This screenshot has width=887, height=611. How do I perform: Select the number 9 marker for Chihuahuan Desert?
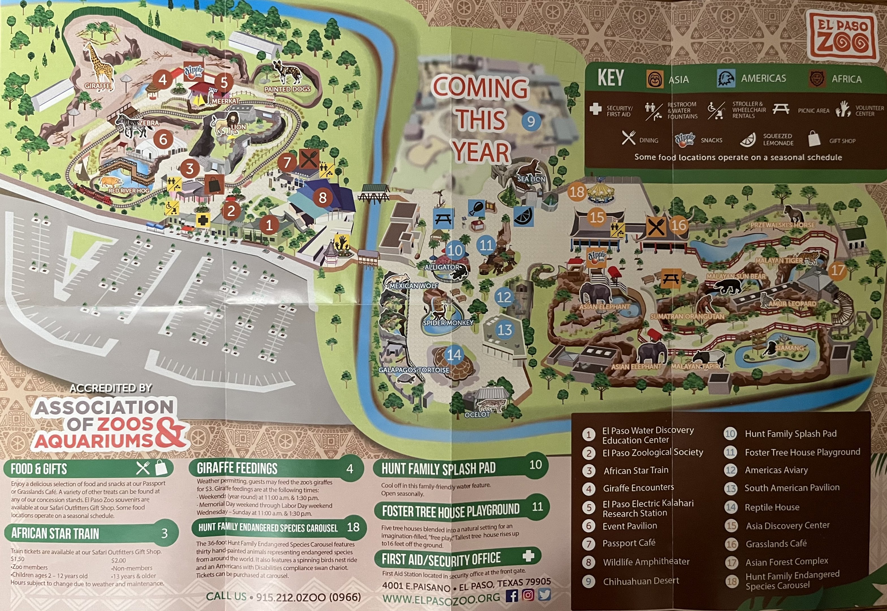coord(531,121)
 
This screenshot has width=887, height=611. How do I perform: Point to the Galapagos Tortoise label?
coord(414,370)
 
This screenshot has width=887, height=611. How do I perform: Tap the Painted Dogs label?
coord(288,89)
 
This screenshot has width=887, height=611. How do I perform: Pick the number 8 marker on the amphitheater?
coord(323,197)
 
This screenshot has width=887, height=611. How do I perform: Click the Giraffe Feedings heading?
coord(237,468)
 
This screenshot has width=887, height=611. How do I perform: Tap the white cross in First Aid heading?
coord(528,556)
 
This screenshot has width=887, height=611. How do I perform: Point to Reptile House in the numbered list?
coord(771,507)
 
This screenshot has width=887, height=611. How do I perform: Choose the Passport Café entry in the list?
coord(629,543)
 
